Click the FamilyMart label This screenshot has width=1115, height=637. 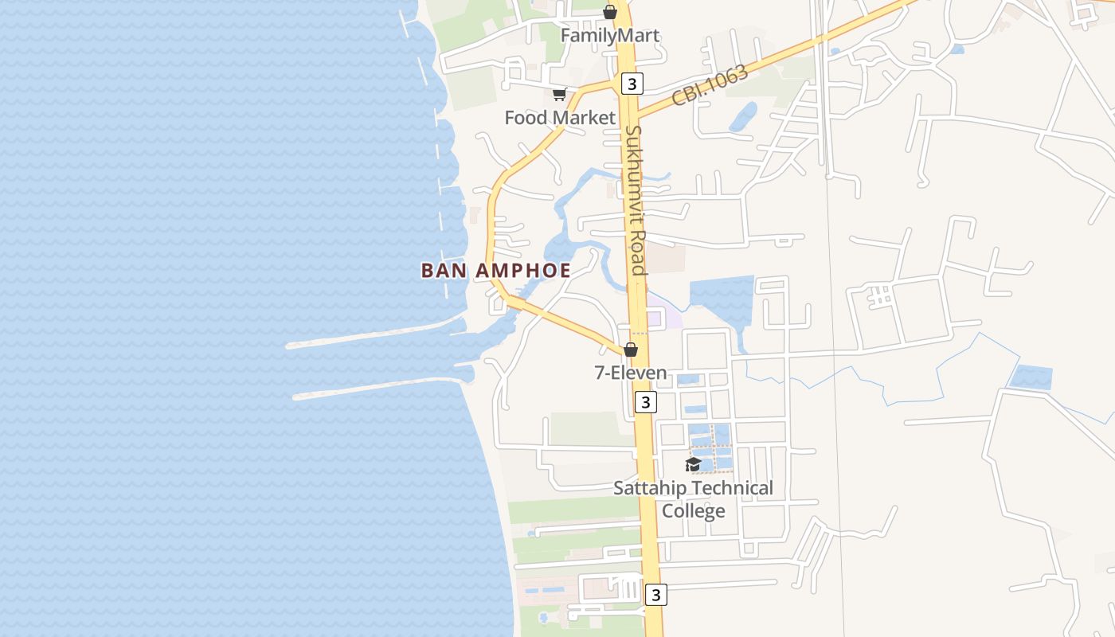click(x=610, y=36)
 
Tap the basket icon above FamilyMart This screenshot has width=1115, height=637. click(x=610, y=12)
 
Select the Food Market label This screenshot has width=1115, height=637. click(x=560, y=118)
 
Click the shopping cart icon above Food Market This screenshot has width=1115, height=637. click(x=560, y=95)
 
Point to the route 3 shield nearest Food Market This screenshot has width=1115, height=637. click(x=632, y=84)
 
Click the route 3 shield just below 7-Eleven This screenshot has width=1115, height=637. click(x=645, y=402)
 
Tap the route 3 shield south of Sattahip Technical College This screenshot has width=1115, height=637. click(x=655, y=594)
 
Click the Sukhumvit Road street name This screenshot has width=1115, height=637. click(x=635, y=200)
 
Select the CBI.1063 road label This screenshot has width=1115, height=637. click(x=710, y=85)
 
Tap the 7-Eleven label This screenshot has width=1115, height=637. click(x=631, y=373)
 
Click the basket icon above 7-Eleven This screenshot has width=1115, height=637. click(x=631, y=350)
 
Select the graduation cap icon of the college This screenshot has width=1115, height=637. click(x=693, y=464)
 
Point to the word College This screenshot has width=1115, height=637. click(x=694, y=511)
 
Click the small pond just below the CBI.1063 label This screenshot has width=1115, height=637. click(x=743, y=117)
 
